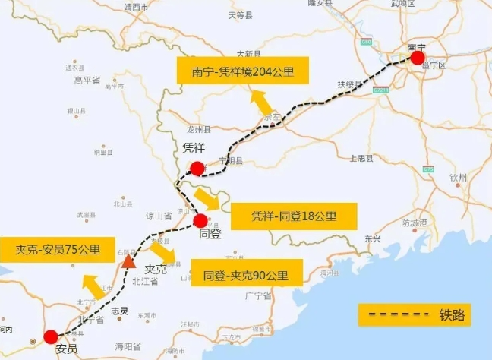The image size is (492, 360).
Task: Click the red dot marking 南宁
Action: click(x=417, y=57)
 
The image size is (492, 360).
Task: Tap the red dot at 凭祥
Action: click(x=197, y=168)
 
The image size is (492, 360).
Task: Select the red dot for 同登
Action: click(x=200, y=221)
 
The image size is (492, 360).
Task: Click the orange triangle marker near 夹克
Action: click(x=129, y=262)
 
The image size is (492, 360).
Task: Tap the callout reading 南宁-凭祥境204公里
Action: click(x=243, y=72)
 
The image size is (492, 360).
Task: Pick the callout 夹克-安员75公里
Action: click(x=58, y=250)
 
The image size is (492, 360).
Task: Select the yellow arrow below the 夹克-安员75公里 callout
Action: click(x=94, y=288)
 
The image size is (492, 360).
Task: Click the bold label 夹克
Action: click(x=155, y=269)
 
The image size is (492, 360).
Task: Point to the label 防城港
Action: click(x=415, y=223)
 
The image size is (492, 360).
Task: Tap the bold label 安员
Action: click(x=66, y=350)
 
